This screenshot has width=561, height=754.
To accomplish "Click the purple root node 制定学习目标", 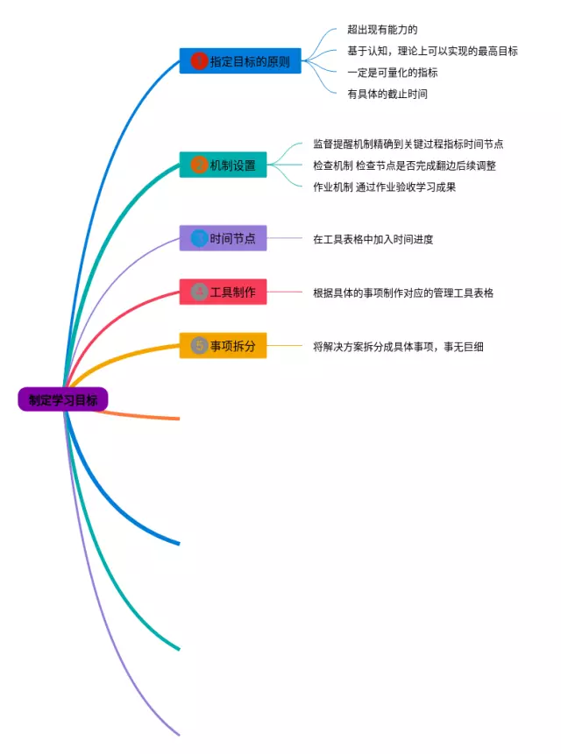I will (63, 400).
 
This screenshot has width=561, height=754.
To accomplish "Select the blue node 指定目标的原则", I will (240, 61).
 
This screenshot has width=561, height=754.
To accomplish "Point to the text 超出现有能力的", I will (382, 30).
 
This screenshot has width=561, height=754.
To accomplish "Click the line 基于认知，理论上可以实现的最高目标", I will (432, 51).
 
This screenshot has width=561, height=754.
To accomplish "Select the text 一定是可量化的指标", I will (392, 73).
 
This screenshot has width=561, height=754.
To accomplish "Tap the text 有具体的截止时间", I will (387, 94).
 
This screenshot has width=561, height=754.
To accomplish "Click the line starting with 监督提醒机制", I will (408, 144).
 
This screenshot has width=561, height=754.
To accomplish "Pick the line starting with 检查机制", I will (404, 166).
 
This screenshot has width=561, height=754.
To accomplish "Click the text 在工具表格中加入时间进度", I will (373, 239).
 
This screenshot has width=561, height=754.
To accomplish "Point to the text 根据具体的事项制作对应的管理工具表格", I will (403, 292).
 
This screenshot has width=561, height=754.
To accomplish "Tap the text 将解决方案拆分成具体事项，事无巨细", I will (398, 347).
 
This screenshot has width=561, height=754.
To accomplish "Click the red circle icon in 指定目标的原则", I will (199, 61).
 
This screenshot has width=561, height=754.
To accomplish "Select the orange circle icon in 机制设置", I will (199, 165).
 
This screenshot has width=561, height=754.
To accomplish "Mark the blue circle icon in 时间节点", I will (199, 238).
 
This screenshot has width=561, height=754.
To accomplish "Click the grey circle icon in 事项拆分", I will (199, 346).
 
